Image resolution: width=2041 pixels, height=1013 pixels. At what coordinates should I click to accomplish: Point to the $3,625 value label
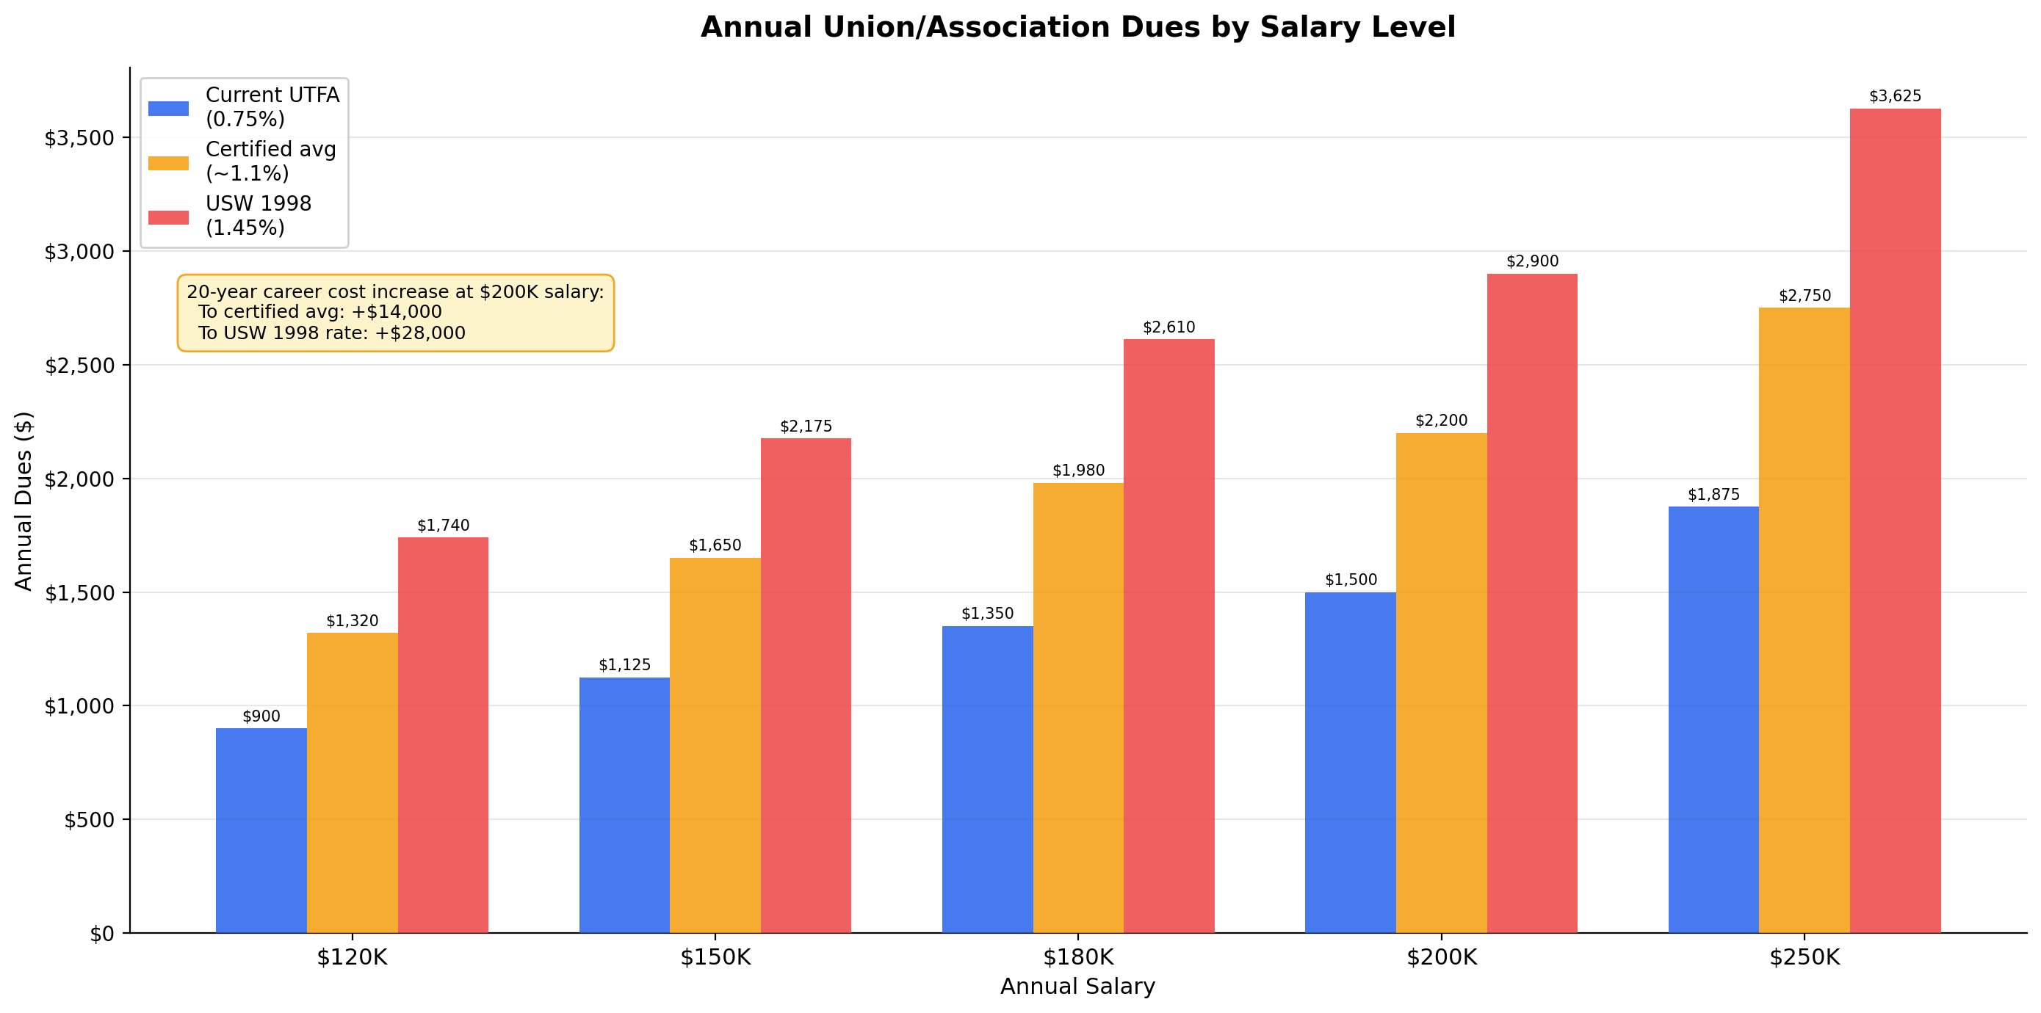point(1894,97)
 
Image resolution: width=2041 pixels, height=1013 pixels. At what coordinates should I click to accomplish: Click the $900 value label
point(261,716)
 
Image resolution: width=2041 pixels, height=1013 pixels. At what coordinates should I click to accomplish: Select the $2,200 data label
point(1441,421)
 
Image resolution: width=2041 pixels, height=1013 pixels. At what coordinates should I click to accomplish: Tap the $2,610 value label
point(1168,327)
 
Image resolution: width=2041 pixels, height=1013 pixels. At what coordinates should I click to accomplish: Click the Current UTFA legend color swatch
point(168,109)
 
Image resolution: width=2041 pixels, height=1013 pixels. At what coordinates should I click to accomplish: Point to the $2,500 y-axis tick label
point(79,366)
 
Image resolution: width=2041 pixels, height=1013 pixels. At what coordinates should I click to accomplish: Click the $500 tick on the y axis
point(89,820)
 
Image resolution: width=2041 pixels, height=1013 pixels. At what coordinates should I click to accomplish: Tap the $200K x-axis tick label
point(1441,957)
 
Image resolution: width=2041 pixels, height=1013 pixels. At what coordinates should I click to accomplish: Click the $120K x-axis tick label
point(352,957)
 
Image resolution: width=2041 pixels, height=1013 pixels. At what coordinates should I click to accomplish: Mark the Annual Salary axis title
point(1077,987)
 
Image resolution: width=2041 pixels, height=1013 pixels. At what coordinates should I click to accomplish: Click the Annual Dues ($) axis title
point(24,501)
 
